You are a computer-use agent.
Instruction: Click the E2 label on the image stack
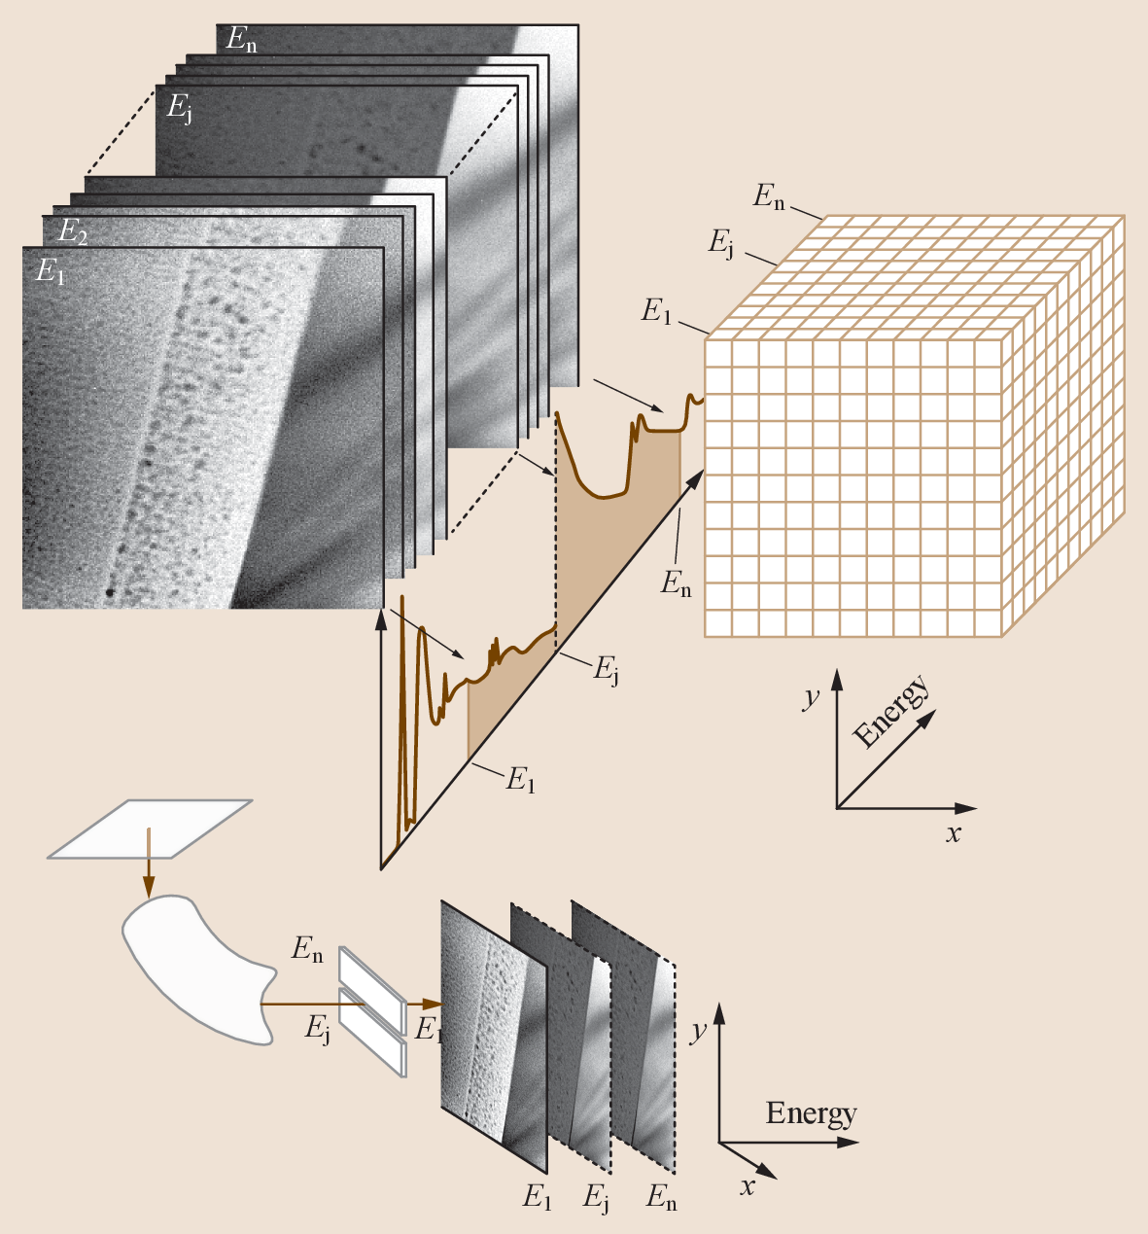tap(73, 231)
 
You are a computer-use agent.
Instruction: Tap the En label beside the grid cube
tap(769, 197)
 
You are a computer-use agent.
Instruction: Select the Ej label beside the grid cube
tap(720, 242)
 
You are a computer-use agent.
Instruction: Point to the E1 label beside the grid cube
tap(656, 311)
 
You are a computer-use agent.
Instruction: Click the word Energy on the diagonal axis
tap(891, 713)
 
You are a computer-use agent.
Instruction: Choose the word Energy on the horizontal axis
tap(811, 1113)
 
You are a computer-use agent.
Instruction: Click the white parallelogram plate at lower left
tap(150, 829)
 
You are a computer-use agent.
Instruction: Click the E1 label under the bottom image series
tap(537, 1196)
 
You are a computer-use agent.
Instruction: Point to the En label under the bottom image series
tap(661, 1198)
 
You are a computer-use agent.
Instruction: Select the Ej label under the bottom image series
tap(597, 1198)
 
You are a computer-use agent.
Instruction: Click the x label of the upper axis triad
tap(954, 833)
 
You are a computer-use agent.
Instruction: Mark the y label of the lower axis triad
tap(697, 1031)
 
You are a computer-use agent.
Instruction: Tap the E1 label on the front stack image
tap(51, 272)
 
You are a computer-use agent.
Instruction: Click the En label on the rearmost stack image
tap(241, 40)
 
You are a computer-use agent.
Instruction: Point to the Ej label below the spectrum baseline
tap(606, 668)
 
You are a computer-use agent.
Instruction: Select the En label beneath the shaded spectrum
tap(677, 582)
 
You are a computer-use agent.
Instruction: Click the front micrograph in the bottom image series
tap(494, 1036)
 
